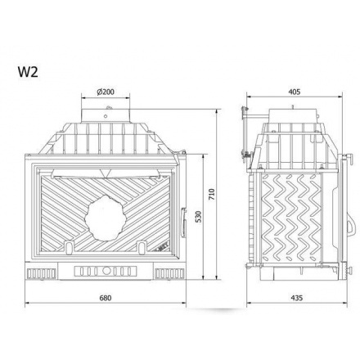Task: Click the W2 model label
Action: pyautogui.click(x=28, y=72)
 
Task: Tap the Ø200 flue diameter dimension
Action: pyautogui.click(x=106, y=92)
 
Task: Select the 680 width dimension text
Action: pyautogui.click(x=106, y=298)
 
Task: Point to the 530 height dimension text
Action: pyautogui.click(x=199, y=216)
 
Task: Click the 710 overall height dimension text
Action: pyautogui.click(x=212, y=194)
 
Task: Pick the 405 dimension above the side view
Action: pyautogui.click(x=294, y=92)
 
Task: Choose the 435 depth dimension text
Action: pyautogui.click(x=297, y=298)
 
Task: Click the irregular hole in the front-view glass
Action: pyautogui.click(x=106, y=218)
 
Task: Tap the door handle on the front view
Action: pyautogui.click(x=183, y=223)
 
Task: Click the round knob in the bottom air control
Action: pyautogui.click(x=106, y=271)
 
